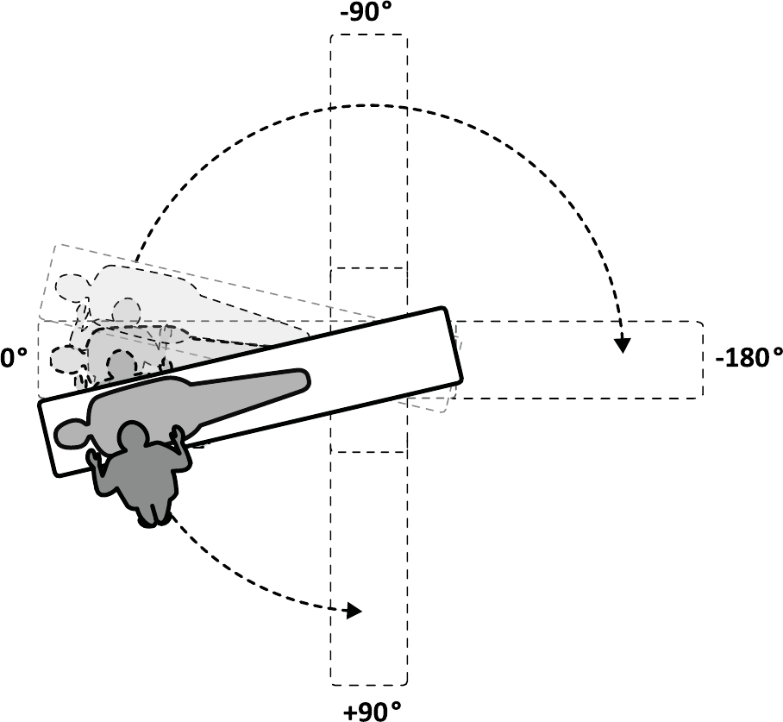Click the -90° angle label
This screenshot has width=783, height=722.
(x=366, y=13)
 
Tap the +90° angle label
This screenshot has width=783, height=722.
(x=373, y=711)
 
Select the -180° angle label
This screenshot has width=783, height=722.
(x=749, y=358)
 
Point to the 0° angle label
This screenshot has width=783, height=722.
(x=14, y=358)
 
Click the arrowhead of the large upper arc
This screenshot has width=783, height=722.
(x=623, y=345)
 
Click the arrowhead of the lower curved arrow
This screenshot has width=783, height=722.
(x=354, y=611)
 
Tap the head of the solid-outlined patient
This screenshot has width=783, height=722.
(x=70, y=434)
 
